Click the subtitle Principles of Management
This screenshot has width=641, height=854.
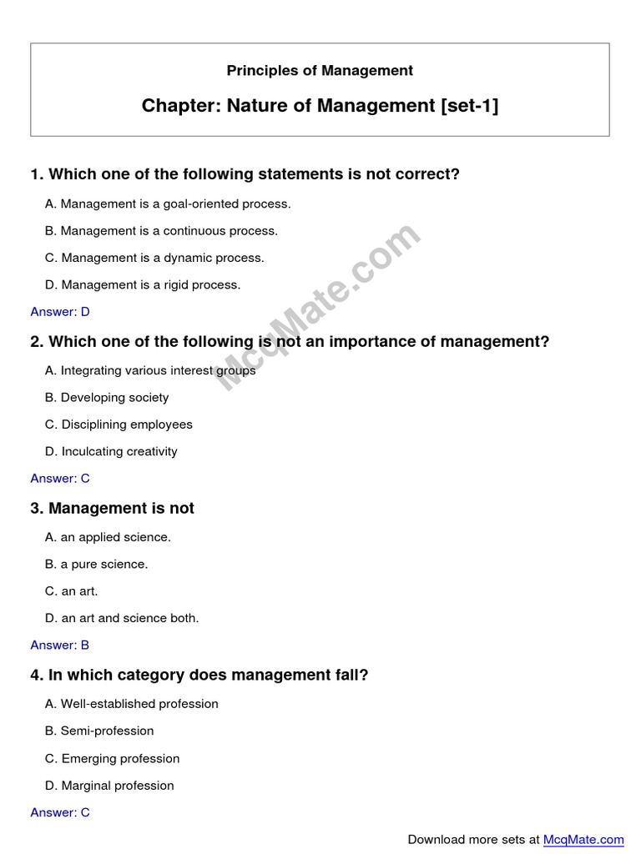[320, 71]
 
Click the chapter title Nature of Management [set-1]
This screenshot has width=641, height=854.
[320, 106]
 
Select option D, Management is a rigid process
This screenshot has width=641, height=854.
[143, 284]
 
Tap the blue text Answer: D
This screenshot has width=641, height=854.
[60, 312]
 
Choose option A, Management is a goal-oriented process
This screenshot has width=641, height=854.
[168, 203]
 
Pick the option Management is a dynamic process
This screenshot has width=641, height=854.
[154, 258]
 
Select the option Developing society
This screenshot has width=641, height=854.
[107, 398]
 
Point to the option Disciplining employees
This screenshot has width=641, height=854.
[119, 424]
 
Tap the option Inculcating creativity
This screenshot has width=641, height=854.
[111, 451]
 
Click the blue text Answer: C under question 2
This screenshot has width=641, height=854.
[60, 479]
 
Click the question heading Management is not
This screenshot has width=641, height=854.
[112, 508]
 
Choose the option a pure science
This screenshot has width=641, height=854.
[97, 564]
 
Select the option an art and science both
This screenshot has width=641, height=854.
[122, 618]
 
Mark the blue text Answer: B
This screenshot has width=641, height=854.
[60, 646]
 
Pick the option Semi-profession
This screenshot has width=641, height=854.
[99, 731]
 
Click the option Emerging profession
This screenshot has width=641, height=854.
[113, 758]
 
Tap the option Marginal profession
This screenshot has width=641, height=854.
[109, 786]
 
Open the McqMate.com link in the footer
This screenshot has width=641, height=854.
[583, 840]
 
